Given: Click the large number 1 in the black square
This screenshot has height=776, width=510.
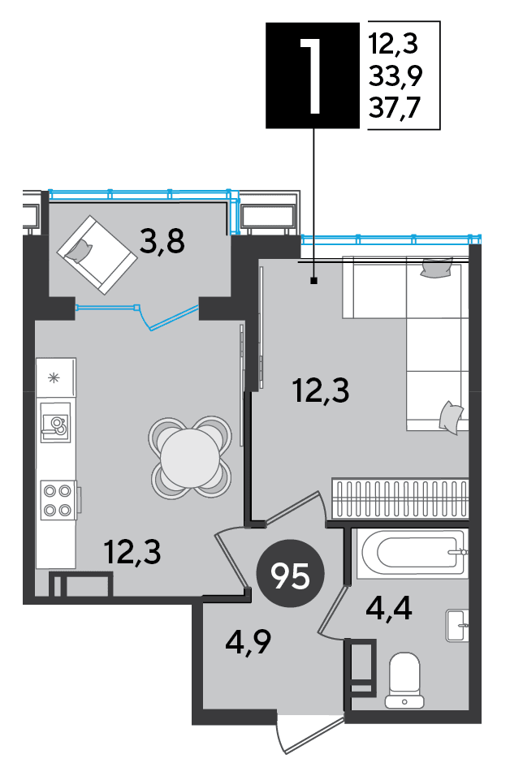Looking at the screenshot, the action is click(312, 75).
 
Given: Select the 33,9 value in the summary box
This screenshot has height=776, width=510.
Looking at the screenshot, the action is click(395, 76).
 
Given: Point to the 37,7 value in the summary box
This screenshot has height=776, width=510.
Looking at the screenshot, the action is click(395, 107).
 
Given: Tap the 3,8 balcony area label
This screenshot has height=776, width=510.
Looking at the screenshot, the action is click(162, 242).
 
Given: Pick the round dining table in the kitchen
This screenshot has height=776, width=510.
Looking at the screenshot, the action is click(190, 457).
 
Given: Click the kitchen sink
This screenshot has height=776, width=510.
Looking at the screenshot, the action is click(55, 423).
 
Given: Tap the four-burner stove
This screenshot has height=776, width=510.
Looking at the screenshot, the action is click(58, 500).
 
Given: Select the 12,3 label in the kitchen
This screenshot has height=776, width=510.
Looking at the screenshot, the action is click(132, 552).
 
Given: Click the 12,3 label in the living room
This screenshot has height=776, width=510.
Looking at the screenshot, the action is click(321, 390).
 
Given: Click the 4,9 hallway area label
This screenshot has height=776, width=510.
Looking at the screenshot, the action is click(248, 642).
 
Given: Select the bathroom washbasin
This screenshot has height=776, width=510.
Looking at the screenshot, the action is click(457, 625).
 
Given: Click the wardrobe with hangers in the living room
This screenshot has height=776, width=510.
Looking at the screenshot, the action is click(400, 498).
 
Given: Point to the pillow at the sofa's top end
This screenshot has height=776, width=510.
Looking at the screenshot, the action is click(436, 268).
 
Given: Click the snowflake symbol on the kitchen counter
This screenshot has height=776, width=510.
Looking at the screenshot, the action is click(54, 378).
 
